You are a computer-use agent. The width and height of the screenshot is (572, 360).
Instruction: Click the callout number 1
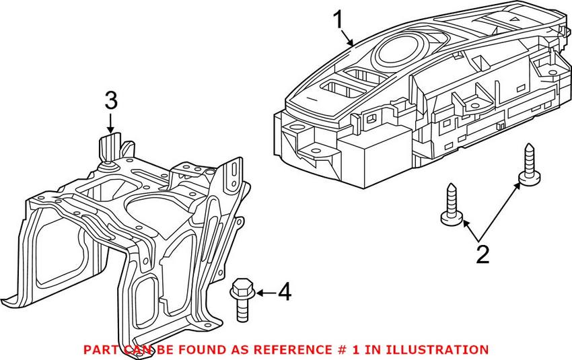click(338, 20)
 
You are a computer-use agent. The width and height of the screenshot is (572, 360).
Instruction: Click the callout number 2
click(482, 254)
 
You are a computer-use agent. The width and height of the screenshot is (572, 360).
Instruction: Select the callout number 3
click(111, 100)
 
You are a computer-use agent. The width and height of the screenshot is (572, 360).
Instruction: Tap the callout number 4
click(285, 292)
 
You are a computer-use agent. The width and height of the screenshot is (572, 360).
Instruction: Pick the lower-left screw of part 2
click(452, 205)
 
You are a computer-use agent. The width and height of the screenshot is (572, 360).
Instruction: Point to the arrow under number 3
click(111, 122)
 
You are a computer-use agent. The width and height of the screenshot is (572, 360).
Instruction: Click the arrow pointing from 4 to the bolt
click(266, 292)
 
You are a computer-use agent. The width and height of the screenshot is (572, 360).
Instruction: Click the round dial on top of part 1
click(399, 50)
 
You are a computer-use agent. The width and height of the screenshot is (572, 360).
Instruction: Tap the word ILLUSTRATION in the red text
click(437, 350)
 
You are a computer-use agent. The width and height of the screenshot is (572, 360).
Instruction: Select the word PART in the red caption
click(100, 350)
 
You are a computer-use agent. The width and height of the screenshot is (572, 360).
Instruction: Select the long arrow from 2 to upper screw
click(499, 211)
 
